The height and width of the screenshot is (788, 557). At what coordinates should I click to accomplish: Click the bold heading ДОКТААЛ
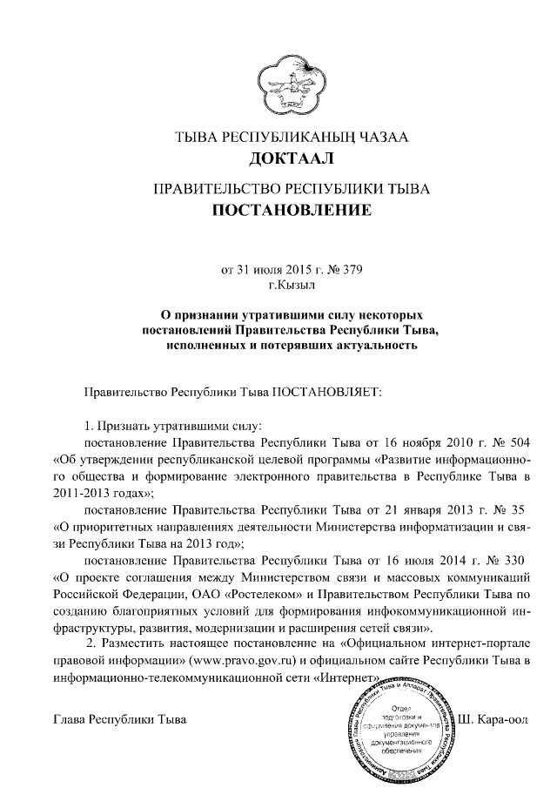pyautogui.click(x=278, y=158)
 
